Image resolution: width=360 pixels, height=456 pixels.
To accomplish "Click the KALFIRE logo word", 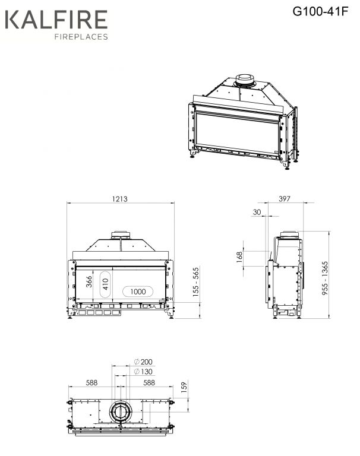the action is (x=56, y=19).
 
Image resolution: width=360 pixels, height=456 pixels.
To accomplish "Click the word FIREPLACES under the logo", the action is (x=81, y=37).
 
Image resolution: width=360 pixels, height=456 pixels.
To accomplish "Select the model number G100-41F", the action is (x=320, y=12).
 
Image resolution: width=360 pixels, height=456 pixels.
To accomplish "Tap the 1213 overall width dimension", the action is (x=119, y=199).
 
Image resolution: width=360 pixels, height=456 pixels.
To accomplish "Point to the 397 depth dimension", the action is (x=285, y=199).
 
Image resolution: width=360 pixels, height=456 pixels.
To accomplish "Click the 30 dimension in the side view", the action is (x=257, y=212).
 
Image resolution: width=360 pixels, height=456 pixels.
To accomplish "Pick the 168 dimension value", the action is (x=239, y=257).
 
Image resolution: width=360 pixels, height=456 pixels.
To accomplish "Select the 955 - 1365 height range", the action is (x=325, y=278).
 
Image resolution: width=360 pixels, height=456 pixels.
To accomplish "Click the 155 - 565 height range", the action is (x=196, y=282).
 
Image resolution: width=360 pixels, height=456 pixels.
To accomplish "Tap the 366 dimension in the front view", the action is (x=89, y=281).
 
